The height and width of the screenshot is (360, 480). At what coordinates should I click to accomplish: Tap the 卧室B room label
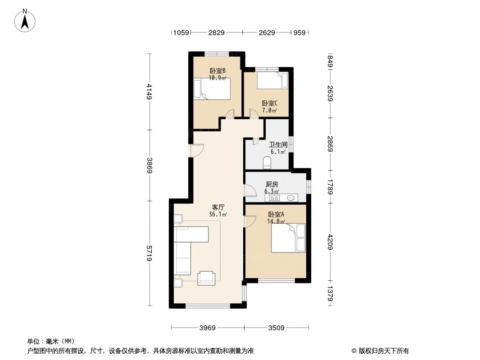coord(217,71)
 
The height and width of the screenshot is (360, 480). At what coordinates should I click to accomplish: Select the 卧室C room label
coord(269,103)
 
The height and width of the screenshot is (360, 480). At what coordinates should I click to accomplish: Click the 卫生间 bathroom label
coord(278,145)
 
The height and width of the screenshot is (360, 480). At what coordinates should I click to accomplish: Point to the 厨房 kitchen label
coord(272,184)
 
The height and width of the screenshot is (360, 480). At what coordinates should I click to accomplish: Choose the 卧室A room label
coord(276,214)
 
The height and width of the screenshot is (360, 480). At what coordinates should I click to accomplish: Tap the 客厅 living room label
coord(218,207)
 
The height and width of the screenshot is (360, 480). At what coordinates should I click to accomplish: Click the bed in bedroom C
coord(272,81)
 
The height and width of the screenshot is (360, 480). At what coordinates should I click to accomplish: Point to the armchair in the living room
coord(207,278)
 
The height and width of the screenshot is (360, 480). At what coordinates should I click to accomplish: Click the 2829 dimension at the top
coord(216,32)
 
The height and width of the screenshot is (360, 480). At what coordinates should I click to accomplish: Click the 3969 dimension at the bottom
coord(208,328)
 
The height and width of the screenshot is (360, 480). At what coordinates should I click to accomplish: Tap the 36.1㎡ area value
coord(218,215)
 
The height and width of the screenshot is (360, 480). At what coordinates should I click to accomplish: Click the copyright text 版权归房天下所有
coord(383,351)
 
